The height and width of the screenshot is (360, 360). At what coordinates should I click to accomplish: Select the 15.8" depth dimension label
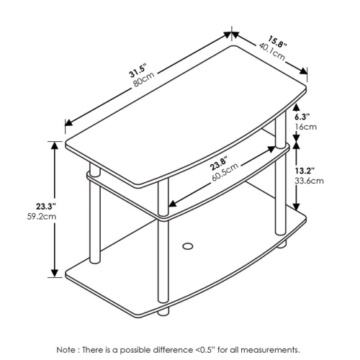(278, 40)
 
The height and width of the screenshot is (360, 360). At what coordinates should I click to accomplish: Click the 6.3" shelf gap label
(304, 116)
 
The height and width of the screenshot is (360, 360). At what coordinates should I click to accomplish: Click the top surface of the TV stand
(180, 108)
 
